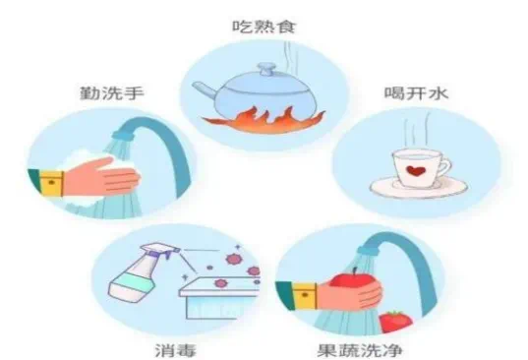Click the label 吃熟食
click(264, 26)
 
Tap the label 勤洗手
click(112, 92)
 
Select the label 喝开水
click(416, 92)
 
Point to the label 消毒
click(175, 350)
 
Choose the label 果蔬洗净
click(360, 350)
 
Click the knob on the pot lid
click(265, 70)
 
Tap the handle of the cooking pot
click(205, 90)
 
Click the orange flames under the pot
click(264, 120)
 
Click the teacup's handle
click(443, 168)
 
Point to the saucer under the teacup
click(418, 187)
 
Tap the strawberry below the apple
click(395, 322)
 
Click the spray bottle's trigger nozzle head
click(160, 251)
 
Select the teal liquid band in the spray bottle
click(133, 284)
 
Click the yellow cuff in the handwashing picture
click(51, 183)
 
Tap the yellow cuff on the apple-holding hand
click(305, 296)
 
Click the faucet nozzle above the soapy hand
click(123, 135)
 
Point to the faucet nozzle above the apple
click(369, 249)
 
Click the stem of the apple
click(355, 271)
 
